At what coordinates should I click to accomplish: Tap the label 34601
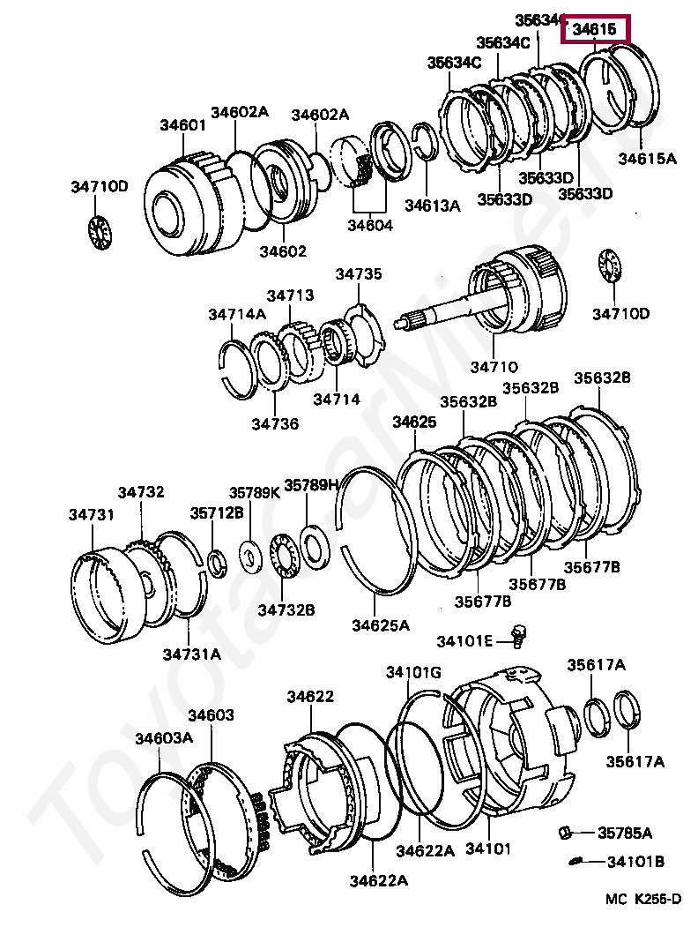click(182, 125)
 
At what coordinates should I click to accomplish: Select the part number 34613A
click(433, 206)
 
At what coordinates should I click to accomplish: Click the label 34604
click(370, 225)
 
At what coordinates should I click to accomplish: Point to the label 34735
click(359, 274)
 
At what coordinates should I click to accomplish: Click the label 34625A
click(381, 625)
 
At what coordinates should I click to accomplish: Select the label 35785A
click(625, 833)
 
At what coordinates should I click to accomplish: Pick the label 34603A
click(164, 738)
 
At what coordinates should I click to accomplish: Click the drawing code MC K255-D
click(642, 900)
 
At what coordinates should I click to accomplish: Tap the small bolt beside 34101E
click(518, 635)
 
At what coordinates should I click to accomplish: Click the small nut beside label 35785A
click(568, 831)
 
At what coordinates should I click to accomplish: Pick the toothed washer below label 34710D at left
click(99, 231)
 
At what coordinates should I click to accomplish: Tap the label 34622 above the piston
click(309, 697)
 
